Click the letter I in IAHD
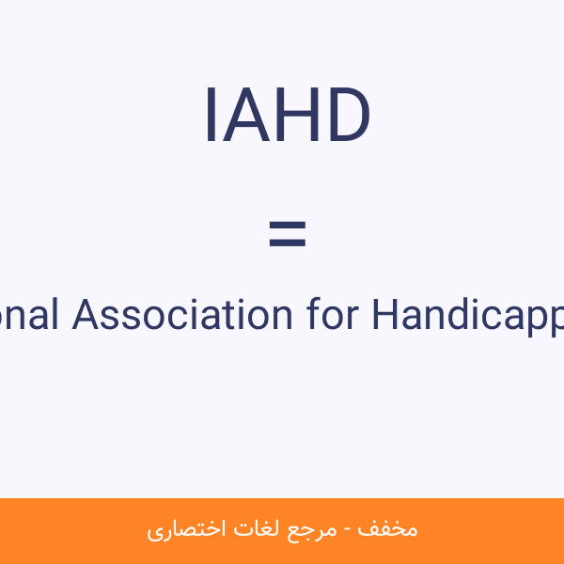coord(211,117)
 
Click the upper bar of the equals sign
coord(288,227)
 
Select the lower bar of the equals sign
coord(288,243)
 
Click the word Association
coord(182,315)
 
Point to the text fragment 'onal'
coord(30,315)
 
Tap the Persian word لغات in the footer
coord(258,528)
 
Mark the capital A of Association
coord(86,315)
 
